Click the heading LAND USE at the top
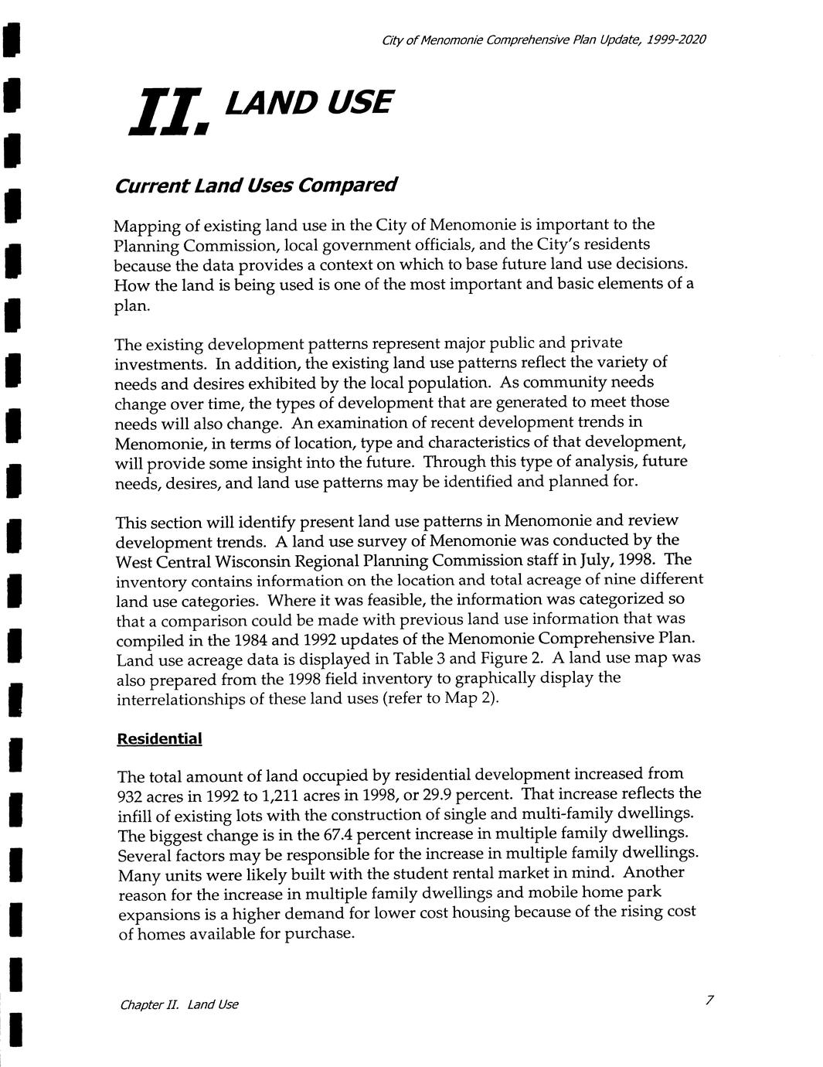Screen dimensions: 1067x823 [308, 102]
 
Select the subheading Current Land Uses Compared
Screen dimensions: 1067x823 [256, 186]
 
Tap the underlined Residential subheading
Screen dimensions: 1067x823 [159, 739]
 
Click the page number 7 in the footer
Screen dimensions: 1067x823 [708, 1001]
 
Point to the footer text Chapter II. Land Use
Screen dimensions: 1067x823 [179, 1004]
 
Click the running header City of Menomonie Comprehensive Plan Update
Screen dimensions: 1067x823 [544, 39]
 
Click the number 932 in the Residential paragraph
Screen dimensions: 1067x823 [131, 797]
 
